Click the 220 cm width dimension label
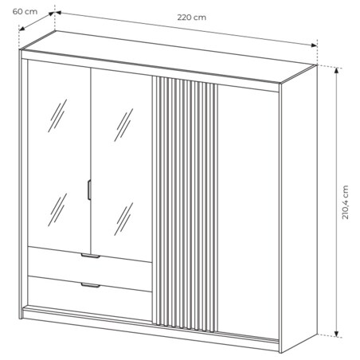click(x=191, y=18)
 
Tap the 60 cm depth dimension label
click(x=25, y=12)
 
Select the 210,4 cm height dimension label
click(x=345, y=202)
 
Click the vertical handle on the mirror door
click(x=89, y=190)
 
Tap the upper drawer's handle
click(x=91, y=256)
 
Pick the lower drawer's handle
click(x=91, y=285)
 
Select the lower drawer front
click(x=90, y=297)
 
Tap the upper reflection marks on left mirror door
click(x=57, y=115)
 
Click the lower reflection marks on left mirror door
click(x=57, y=209)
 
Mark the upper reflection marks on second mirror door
click(x=123, y=125)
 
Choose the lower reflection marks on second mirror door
click(x=123, y=219)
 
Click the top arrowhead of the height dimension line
click(x=337, y=70)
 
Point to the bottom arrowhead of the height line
click(x=337, y=335)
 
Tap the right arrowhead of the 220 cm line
click(x=315, y=45)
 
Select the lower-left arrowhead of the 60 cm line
click(x=22, y=28)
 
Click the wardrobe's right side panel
click(x=299, y=209)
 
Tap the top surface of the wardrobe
click(x=169, y=57)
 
